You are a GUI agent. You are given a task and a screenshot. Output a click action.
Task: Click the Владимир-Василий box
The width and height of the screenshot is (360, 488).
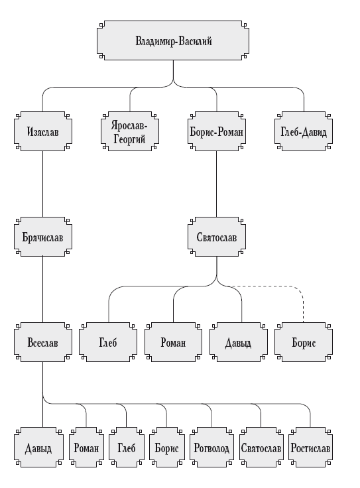click(173, 40)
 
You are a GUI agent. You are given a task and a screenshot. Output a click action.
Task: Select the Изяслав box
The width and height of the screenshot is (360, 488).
click(43, 131)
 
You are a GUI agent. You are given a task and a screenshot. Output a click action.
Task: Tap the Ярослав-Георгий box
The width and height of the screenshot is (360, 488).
click(130, 131)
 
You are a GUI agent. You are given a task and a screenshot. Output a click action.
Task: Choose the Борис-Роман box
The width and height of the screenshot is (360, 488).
click(217, 131)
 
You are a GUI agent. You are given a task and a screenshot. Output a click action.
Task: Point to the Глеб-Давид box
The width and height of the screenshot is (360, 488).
click(304, 131)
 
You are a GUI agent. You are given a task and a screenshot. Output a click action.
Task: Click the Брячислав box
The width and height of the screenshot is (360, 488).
click(43, 237)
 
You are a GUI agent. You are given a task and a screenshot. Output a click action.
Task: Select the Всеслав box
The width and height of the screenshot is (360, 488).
click(43, 342)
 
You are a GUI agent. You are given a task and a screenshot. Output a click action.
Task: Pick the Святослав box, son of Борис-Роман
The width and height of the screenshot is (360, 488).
click(217, 237)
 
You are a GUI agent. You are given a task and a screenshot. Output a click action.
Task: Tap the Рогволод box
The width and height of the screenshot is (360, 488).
click(211, 448)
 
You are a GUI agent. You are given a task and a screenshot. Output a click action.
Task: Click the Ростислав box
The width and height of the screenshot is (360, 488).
click(310, 448)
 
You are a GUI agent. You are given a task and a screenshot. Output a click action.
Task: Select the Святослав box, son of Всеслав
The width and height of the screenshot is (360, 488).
click(261, 448)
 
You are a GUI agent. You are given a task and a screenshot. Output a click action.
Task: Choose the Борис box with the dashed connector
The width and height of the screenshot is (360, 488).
click(304, 342)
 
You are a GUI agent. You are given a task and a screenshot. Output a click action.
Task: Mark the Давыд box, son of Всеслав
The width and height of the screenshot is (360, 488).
click(38, 448)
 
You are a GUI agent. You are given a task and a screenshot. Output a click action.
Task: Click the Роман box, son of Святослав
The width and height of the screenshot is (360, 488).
click(173, 342)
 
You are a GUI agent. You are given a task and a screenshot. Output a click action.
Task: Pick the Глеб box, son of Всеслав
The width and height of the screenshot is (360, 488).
click(127, 448)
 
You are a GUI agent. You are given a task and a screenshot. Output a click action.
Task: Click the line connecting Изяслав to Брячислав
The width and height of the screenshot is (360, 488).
click(42, 184)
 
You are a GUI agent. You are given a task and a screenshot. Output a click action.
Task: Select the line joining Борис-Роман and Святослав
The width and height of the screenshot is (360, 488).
click(217, 184)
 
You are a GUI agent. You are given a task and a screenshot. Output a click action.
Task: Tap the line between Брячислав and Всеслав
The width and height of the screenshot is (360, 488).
click(42, 290)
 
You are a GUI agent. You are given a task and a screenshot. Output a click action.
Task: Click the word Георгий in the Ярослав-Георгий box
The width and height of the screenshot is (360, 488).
click(129, 139)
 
